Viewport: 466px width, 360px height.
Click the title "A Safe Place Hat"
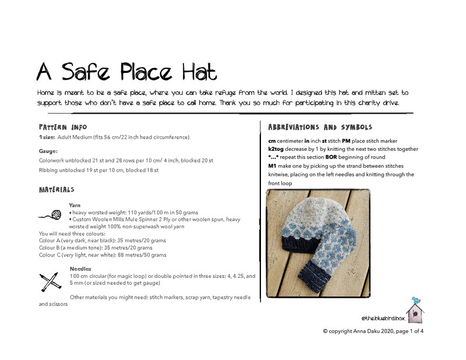[126, 72]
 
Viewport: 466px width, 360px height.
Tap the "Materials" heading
[56, 190]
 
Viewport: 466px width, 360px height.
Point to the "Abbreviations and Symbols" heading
[320, 127]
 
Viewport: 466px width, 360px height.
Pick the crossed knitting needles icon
[51, 281]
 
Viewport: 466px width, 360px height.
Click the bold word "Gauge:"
[49, 151]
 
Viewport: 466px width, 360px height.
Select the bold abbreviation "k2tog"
[278, 149]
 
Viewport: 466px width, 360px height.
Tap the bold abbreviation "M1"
[273, 166]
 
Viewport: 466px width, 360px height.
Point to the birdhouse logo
[415, 309]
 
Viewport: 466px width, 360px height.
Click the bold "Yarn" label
[75, 205]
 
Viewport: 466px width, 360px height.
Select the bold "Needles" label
[80, 269]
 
